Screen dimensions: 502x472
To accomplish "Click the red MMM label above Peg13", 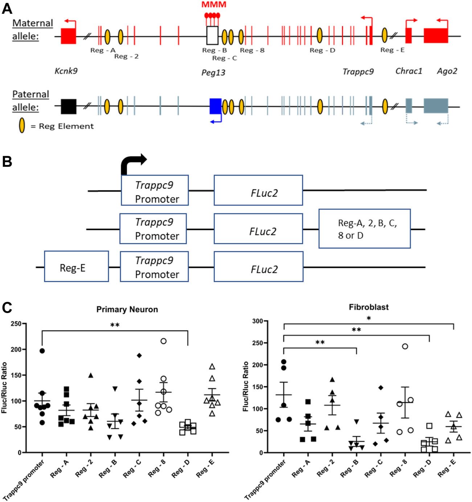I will [214, 5].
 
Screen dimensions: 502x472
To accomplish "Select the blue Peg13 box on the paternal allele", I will [216, 106].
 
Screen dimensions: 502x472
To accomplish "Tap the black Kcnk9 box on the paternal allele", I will [69, 107].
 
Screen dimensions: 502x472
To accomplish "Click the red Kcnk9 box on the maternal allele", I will [68, 36].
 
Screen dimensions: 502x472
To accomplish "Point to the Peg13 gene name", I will [213, 73].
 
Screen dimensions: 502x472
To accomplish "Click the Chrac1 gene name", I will [409, 71].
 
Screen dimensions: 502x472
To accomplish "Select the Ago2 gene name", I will [447, 71].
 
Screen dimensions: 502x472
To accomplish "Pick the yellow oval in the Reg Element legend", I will [22, 126].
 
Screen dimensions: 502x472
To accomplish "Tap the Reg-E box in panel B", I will [76, 266].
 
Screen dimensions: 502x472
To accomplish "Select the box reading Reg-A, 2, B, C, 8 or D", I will [364, 229].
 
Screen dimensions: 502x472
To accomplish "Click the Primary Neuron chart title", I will [127, 309].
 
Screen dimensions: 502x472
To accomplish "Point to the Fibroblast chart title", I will [369, 307].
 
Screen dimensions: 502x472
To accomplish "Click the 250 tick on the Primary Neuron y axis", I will [16, 324].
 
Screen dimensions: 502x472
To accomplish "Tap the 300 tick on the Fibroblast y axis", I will [258, 321].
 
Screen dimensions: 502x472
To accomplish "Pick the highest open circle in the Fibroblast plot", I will [405, 346].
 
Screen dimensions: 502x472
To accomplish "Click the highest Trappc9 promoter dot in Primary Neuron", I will [42, 351].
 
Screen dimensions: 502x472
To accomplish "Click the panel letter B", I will [7, 162].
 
